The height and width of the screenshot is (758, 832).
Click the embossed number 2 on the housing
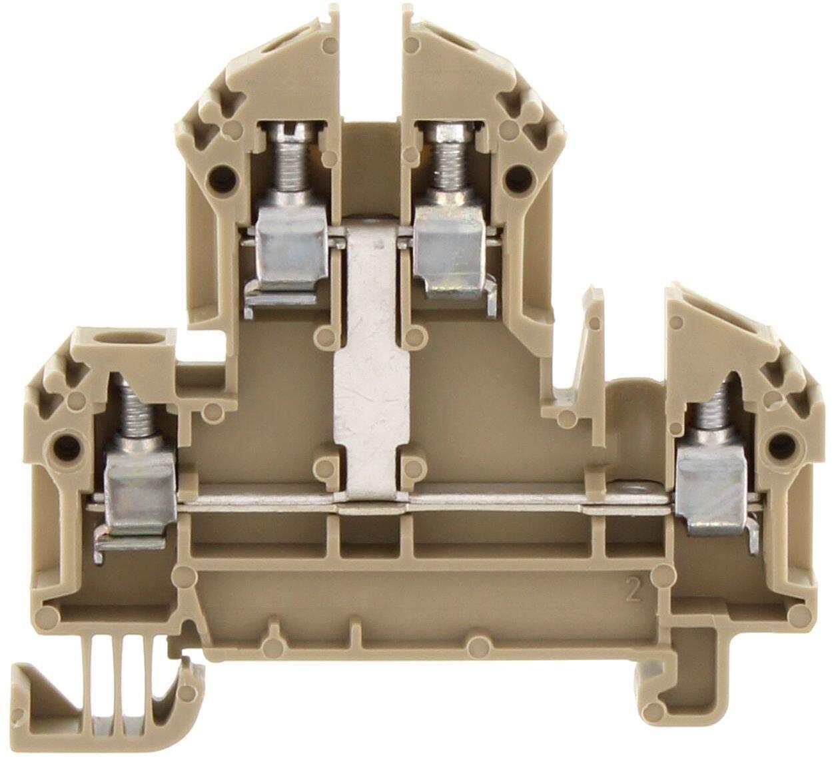tap(633, 595)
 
